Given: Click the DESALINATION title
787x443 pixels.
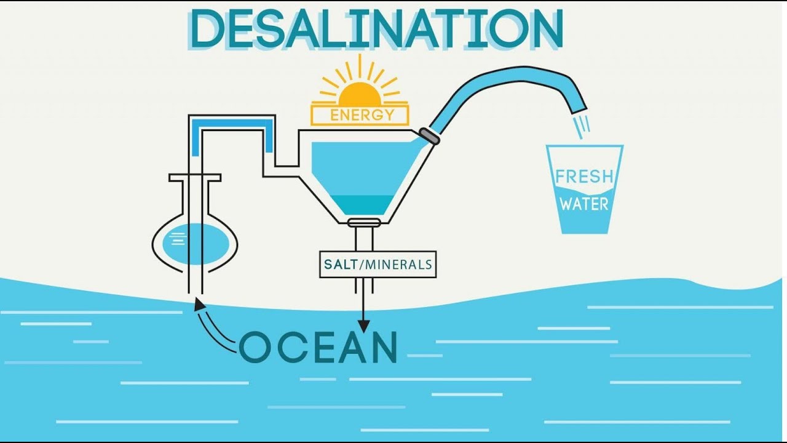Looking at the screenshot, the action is pyautogui.click(x=376, y=29).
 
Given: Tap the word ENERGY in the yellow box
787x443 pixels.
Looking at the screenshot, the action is pyautogui.click(x=362, y=115).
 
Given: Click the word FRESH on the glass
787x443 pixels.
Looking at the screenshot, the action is pyautogui.click(x=584, y=177).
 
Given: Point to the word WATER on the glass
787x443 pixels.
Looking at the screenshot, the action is pyautogui.click(x=584, y=204).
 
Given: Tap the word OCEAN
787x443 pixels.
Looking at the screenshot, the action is pyautogui.click(x=318, y=348).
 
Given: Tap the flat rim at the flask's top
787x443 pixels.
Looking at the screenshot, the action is pyautogui.click(x=194, y=178).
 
